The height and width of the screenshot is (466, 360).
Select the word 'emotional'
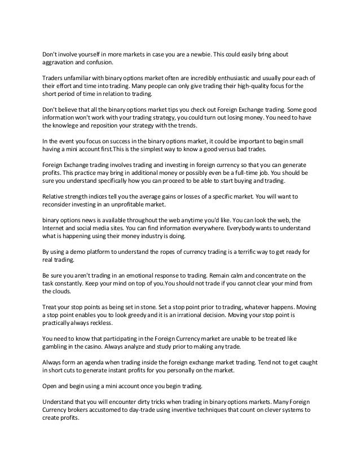point(137,273)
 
